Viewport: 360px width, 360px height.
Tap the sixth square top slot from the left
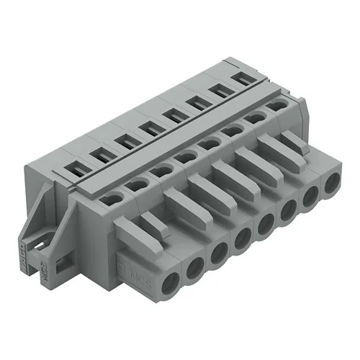pos(197,101)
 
